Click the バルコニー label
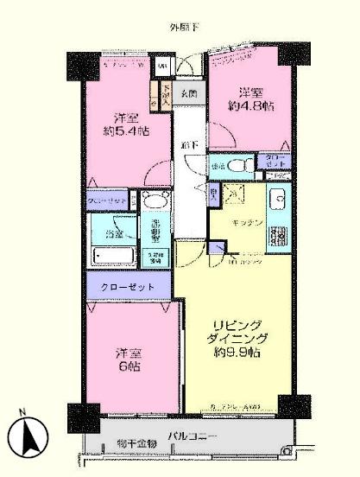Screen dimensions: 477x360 tap(192, 435)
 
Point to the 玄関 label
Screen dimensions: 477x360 tap(189, 93)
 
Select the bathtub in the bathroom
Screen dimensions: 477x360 tap(112, 257)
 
